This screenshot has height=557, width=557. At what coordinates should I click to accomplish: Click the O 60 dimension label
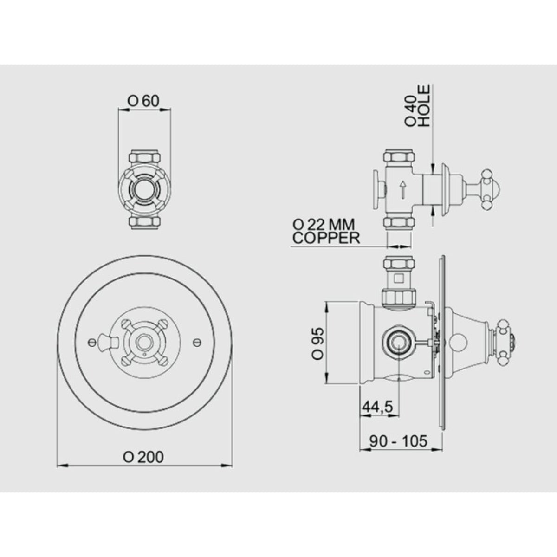pyautogui.click(x=143, y=101)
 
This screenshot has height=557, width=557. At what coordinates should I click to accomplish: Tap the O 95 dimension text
pyautogui.click(x=318, y=343)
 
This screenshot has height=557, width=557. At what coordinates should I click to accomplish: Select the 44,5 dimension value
pyautogui.click(x=378, y=407)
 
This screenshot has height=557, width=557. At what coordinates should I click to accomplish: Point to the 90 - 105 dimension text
pyautogui.click(x=398, y=441)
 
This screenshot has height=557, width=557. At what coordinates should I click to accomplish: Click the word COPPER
pyautogui.click(x=326, y=238)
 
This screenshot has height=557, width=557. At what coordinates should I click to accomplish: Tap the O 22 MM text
pyautogui.click(x=324, y=224)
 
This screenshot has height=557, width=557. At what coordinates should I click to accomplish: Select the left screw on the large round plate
pyautogui.click(x=91, y=342)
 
